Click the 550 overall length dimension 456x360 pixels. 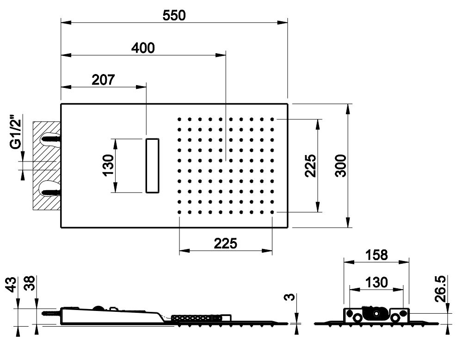point(174,15)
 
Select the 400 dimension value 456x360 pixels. point(143,48)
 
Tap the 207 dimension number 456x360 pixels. point(103,80)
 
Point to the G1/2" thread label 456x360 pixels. point(16,132)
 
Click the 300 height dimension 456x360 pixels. point(341,166)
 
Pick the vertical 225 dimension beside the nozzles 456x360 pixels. point(310,166)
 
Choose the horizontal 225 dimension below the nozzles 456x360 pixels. point(225,243)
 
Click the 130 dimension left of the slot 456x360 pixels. point(108,165)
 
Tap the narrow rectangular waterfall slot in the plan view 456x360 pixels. point(153,166)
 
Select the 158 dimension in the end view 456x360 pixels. point(376,255)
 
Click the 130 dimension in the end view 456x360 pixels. point(376,282)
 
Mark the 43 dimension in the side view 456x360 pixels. point(11,284)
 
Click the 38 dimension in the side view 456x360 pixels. point(30,283)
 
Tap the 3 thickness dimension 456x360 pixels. point(290,297)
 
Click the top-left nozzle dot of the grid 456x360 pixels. point(179,119)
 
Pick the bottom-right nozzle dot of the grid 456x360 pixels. point(272,212)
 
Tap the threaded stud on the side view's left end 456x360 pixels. point(51,314)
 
